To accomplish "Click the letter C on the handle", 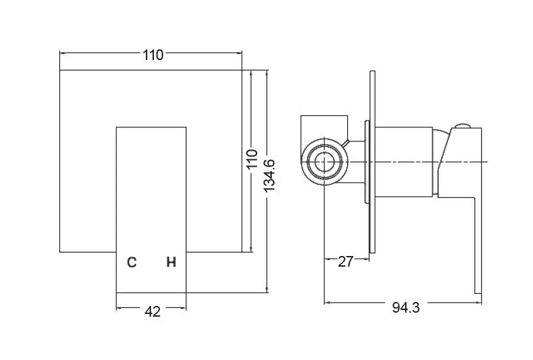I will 132,262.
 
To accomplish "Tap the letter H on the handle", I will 171,262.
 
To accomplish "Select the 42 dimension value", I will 152,311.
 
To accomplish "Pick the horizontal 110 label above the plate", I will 153,55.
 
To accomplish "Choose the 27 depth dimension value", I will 345,261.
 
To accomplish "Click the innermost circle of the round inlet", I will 324,162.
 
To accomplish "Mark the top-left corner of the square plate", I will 61,70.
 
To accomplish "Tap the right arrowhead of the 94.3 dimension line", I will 479,303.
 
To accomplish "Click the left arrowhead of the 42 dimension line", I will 119,307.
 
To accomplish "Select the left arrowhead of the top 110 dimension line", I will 63,51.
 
